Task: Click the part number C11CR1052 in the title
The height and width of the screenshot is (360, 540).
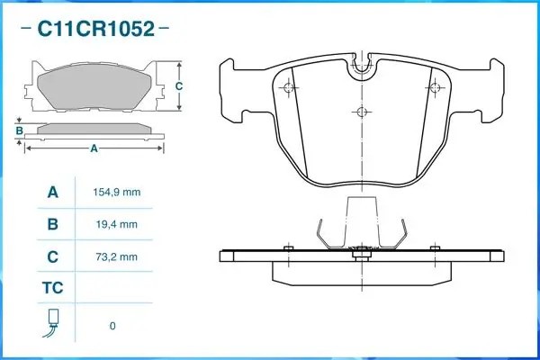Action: [x=94, y=29]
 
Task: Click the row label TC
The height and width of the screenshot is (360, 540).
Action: [x=52, y=288]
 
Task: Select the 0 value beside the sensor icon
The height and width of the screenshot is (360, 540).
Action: [x=112, y=326]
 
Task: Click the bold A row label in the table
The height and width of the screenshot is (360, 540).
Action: [x=52, y=193]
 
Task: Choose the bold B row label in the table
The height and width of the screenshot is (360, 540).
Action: [x=52, y=224]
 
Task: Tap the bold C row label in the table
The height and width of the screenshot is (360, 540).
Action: [x=52, y=256]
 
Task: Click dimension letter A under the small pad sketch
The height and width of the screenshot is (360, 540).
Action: [x=94, y=149]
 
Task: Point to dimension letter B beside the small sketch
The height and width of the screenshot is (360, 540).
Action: [x=19, y=131]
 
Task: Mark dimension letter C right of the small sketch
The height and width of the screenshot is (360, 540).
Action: [x=178, y=86]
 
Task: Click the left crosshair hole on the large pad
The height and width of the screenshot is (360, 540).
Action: [x=289, y=87]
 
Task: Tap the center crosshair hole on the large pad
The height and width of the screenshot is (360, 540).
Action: [x=361, y=112]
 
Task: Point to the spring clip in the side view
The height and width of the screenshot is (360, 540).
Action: [x=361, y=233]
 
